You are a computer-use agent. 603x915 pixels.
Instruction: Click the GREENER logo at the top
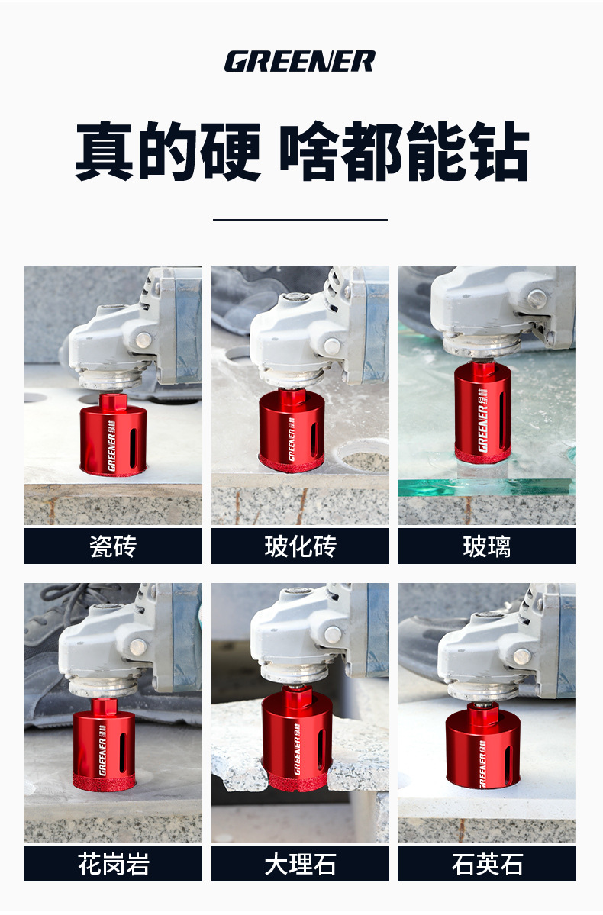(x=299, y=61)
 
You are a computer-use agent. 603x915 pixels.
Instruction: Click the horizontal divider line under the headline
(x=300, y=220)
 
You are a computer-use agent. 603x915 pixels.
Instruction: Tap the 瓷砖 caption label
(x=113, y=546)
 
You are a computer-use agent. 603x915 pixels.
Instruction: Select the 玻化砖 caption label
(x=300, y=546)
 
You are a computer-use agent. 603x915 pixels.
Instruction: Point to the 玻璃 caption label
(x=486, y=546)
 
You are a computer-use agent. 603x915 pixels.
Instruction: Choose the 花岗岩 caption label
(x=113, y=864)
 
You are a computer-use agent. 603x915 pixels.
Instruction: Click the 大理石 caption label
(x=300, y=864)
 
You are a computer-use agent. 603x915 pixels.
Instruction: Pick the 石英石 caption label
(x=486, y=864)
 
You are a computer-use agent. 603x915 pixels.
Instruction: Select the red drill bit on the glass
(x=482, y=411)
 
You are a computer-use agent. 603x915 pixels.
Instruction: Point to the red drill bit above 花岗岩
(x=104, y=745)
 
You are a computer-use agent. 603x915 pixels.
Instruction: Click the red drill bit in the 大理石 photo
(x=297, y=739)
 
